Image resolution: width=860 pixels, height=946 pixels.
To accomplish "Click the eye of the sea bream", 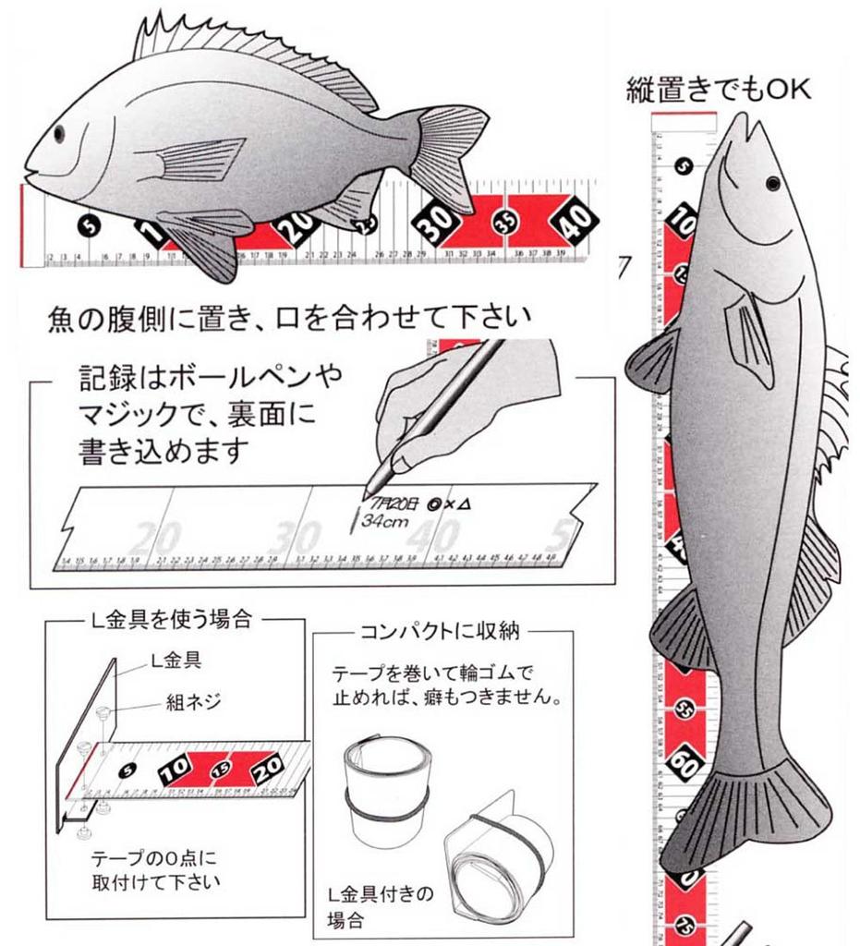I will click(x=59, y=133).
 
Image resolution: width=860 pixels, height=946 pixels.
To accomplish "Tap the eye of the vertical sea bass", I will click(x=772, y=183).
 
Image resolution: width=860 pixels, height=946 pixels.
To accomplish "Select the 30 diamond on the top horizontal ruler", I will click(x=438, y=219).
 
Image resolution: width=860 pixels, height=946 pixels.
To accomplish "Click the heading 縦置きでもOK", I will click(x=718, y=90).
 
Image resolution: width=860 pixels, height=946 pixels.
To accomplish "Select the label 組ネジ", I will click(x=194, y=701).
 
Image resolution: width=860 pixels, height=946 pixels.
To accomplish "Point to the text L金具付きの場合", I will click(x=380, y=906).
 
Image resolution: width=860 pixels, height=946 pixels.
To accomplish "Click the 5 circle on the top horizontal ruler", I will click(x=89, y=224).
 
